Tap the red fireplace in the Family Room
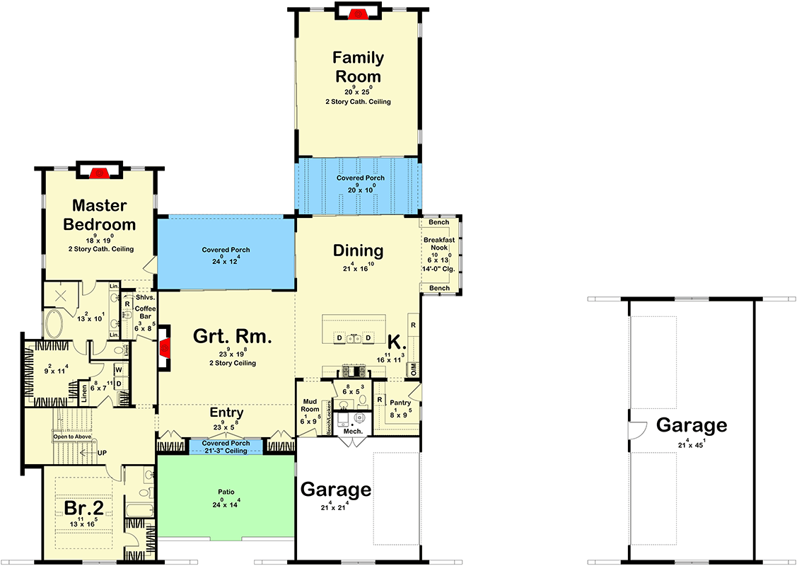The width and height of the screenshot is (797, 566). [357, 13]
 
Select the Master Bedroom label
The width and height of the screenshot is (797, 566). [99, 215]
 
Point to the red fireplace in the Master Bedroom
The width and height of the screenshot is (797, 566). [100, 172]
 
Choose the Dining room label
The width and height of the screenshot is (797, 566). [358, 250]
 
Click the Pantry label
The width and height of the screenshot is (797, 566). [400, 403]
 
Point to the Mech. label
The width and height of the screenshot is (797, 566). [353, 432]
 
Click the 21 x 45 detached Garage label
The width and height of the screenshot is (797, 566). [691, 425]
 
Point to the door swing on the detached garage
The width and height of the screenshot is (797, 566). [636, 431]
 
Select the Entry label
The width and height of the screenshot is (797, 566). [226, 412]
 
